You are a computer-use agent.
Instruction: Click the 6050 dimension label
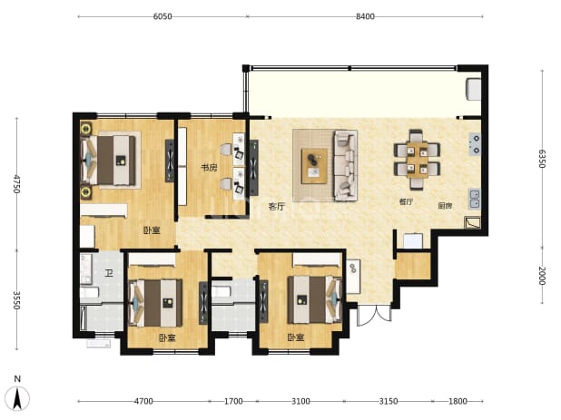pyautogui.click(x=162, y=16)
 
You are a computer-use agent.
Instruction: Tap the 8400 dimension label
pyautogui.click(x=365, y=16)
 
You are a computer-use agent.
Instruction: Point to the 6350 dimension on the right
pyautogui.click(x=542, y=159)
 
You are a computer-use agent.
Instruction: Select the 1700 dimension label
pyautogui.click(x=233, y=402)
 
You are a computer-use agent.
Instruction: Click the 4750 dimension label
pyautogui.click(x=16, y=184)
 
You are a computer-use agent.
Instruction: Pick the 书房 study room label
pyautogui.click(x=209, y=167)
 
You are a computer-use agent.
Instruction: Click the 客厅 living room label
pyautogui.click(x=277, y=206)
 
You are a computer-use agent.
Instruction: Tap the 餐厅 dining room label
pyautogui.click(x=406, y=201)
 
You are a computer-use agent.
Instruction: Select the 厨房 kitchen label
pyautogui.click(x=445, y=206)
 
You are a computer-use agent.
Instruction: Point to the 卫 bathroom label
pyautogui.click(x=109, y=273)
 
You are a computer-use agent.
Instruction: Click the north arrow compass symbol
pyautogui.click(x=17, y=397)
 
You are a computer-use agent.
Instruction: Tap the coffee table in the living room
pyautogui.click(x=314, y=166)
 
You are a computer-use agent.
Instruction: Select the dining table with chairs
pyautogui.click(x=417, y=160)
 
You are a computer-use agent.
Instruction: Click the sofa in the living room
pyautogui.click(x=346, y=164)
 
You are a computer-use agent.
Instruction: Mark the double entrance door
pyautogui.click(x=375, y=315)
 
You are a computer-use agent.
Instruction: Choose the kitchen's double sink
pyautogui.click(x=475, y=199)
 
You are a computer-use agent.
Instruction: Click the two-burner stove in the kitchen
pyautogui.click(x=475, y=143)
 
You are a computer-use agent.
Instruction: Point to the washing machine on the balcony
pyautogui.click(x=473, y=89)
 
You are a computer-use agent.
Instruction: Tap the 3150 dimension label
pyautogui.click(x=389, y=402)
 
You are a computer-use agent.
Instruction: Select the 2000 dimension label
pyautogui.click(x=542, y=276)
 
